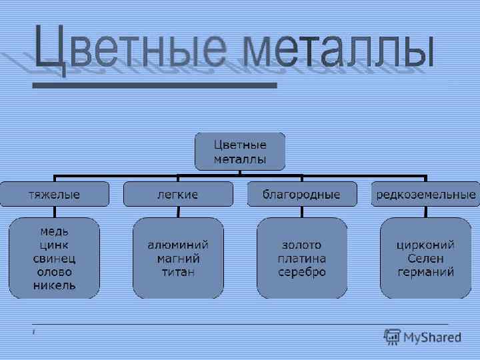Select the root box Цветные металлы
pos(240,152)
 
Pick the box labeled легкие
pos(177,195)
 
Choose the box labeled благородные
pos(301,195)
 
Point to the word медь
pos(54,232)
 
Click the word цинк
pos(54,245)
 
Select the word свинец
pos(54,259)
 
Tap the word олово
pos(54,272)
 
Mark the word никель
pos(54,285)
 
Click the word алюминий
pos(178,245)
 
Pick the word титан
pos(178,272)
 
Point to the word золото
pos(302,245)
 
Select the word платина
pos(302,258)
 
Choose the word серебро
pos(302,272)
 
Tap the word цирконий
pos(426,245)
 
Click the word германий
pos(426,272)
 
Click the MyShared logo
pos(423,337)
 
